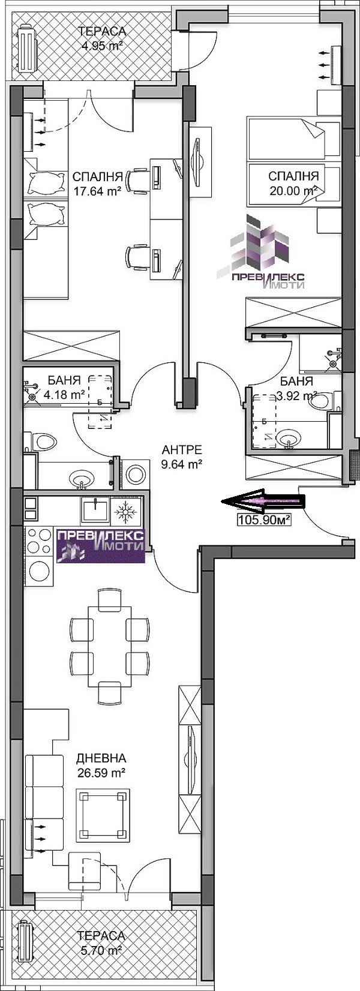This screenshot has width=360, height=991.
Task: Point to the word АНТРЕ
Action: click(x=182, y=449)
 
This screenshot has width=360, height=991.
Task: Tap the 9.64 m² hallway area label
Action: click(x=182, y=463)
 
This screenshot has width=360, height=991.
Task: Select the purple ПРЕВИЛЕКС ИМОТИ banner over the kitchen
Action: click(x=101, y=545)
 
